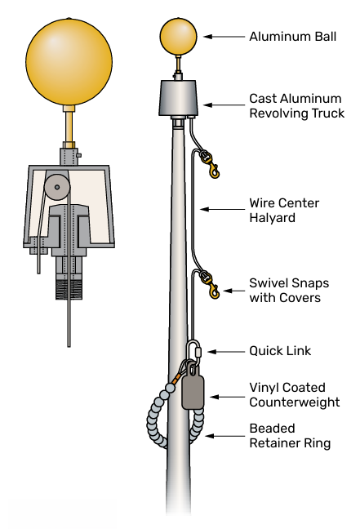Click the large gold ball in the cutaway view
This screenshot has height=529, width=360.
(x=69, y=62)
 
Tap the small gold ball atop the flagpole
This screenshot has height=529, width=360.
(x=178, y=37)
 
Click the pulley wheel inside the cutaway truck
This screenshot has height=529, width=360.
(x=56, y=187)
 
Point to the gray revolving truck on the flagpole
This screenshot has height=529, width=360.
(x=178, y=98)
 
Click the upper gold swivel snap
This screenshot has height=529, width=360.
(x=210, y=164)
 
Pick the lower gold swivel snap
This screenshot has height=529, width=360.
(x=210, y=284)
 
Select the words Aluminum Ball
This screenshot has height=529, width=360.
(x=292, y=37)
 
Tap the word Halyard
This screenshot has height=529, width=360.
(x=273, y=218)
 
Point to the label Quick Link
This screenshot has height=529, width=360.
(x=280, y=351)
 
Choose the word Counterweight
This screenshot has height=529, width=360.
(x=295, y=402)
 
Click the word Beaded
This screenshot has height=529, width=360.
(x=273, y=428)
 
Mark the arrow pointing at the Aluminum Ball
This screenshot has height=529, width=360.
(x=224, y=37)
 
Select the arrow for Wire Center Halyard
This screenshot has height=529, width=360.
(x=222, y=210)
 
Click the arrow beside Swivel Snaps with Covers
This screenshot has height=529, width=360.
(x=233, y=291)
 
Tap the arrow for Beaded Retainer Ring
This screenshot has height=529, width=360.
(x=224, y=436)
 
